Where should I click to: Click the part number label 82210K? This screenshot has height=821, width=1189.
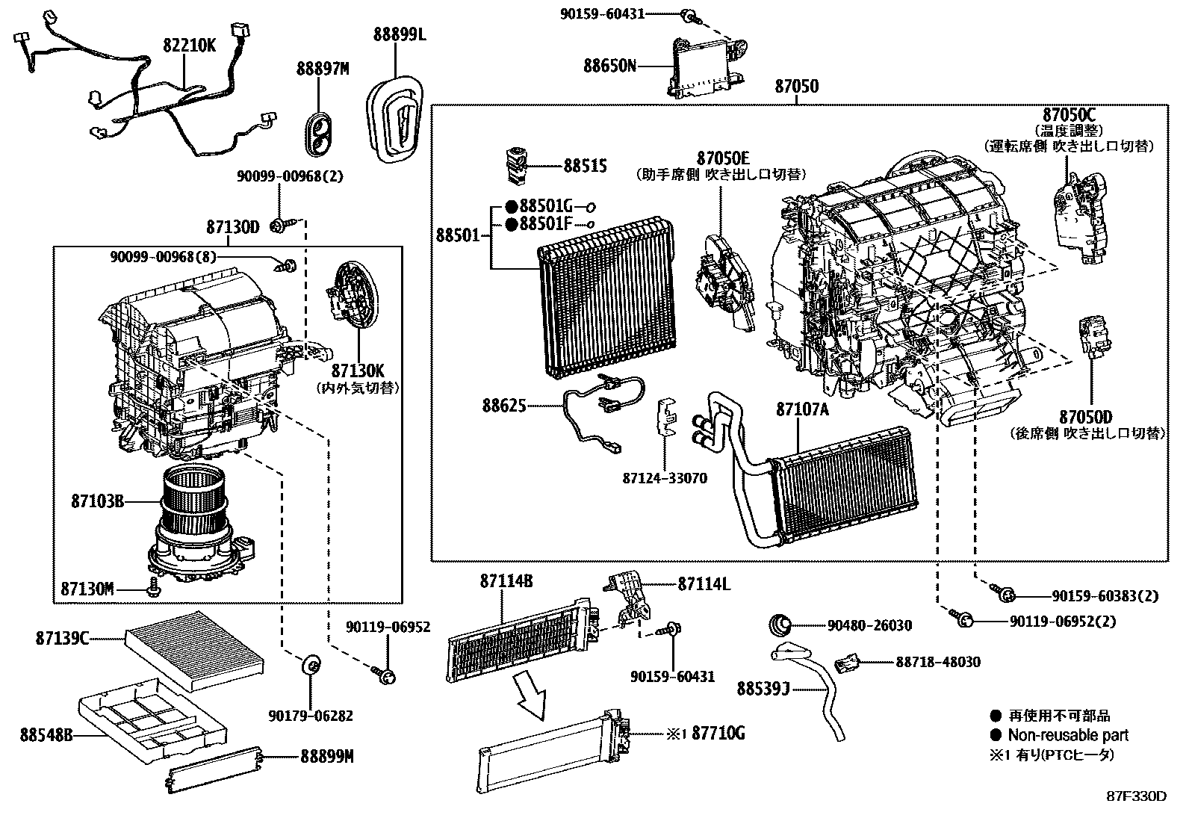coord(189,46)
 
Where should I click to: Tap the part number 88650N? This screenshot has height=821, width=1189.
coord(609,66)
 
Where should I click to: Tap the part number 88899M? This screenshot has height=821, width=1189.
coord(326,757)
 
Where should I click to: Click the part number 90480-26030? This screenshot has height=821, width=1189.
coord(869,625)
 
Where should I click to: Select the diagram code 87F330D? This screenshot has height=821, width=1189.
coord(1135,796)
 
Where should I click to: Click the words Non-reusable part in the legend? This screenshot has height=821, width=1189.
coord(1067,735)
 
